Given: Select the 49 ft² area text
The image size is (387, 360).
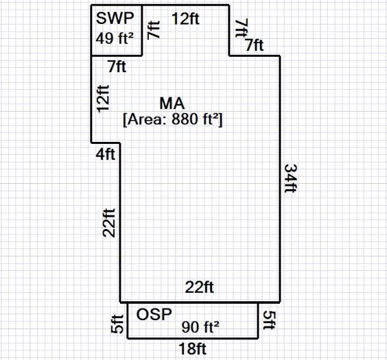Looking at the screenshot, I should (x=114, y=37).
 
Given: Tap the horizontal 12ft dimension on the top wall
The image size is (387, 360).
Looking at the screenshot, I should (x=185, y=19).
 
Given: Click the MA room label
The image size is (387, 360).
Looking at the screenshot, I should (x=172, y=104).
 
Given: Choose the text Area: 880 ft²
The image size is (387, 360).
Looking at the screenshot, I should (x=172, y=119).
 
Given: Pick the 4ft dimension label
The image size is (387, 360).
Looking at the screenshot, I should (x=106, y=154).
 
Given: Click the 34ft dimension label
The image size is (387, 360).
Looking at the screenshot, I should (x=291, y=179).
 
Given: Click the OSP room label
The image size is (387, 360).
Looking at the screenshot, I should (x=154, y=314).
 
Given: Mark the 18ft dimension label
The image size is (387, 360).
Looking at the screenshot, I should (x=193, y=349).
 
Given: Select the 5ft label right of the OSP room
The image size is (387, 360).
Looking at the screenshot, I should (x=270, y=321).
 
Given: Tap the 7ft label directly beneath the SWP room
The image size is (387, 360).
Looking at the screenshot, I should (x=117, y=66).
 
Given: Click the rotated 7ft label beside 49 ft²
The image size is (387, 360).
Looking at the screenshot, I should (x=152, y=30).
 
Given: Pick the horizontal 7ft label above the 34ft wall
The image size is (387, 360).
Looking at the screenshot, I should (x=253, y=45).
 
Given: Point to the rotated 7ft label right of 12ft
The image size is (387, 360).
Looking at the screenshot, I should (x=241, y=28).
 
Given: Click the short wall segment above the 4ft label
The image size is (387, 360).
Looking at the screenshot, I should (x=106, y=142).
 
